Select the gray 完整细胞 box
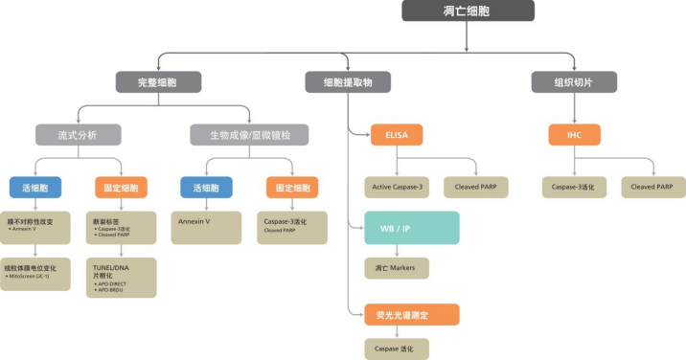point(159,82)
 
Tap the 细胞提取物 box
point(347,82)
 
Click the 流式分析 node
point(79,134)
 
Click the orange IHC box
point(574,134)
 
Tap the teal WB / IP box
point(412,228)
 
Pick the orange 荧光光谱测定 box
point(412,314)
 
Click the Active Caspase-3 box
point(397,187)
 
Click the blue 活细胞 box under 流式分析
point(35,187)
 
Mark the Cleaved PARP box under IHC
point(652,187)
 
